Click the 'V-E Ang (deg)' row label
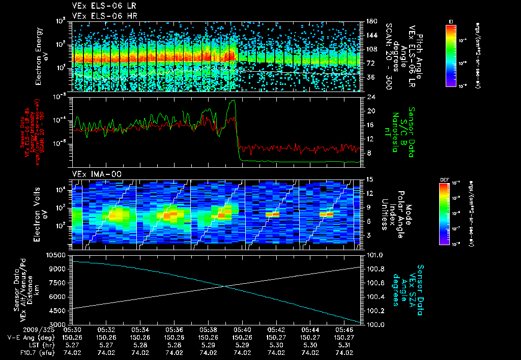coord(28,337)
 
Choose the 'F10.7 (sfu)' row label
coord(32,352)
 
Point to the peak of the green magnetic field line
coord(234,101)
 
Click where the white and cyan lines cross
coord(223,286)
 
